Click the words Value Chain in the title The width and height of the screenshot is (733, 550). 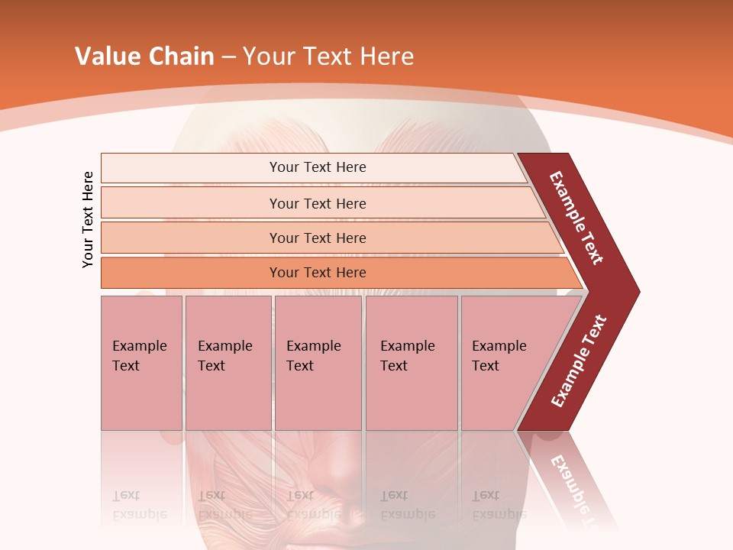[x=144, y=56]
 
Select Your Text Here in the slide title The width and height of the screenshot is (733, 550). [x=328, y=56]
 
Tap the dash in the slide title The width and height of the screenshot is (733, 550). [x=228, y=57]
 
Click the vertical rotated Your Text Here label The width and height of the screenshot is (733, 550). [x=89, y=219]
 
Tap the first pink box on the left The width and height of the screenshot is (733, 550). [x=141, y=363]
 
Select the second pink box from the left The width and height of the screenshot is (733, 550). [x=228, y=363]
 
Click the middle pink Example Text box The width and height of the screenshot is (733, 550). [x=318, y=363]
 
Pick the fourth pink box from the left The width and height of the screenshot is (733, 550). [x=411, y=363]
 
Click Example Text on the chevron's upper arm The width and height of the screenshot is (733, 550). [x=577, y=217]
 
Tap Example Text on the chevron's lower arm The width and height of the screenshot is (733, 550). [x=579, y=361]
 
